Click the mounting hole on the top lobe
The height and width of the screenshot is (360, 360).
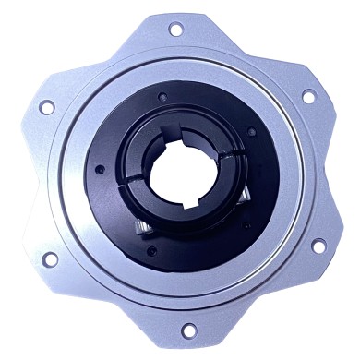coord(175,30)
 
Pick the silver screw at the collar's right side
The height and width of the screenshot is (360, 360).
coord(246,197)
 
